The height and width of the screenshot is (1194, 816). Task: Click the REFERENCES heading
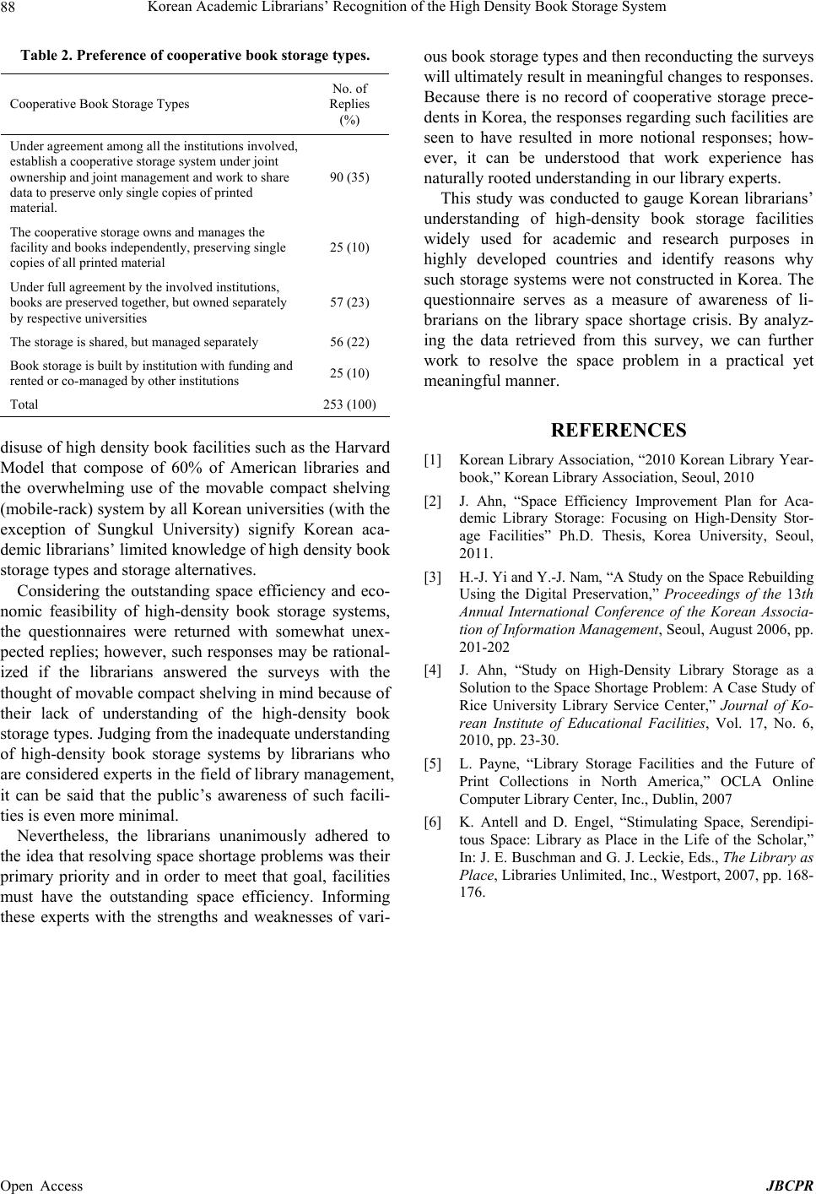point(618,431)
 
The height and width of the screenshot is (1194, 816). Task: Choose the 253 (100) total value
point(349,404)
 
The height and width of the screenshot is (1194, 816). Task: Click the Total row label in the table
point(24,404)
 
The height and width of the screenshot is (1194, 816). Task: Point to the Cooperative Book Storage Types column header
point(100,104)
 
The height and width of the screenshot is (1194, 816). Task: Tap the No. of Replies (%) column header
point(349,104)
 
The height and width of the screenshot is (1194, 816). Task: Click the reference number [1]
point(432,460)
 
